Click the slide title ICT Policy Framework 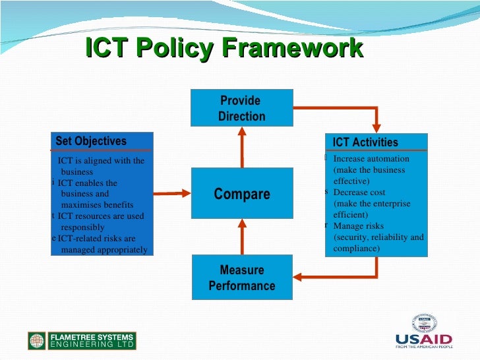(224, 49)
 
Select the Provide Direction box (242, 108)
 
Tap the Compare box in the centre (242, 194)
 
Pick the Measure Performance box (242, 278)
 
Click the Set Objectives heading (91, 141)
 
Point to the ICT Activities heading (365, 142)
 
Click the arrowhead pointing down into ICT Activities (376, 128)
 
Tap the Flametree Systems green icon (37, 340)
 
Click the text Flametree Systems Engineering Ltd (92, 340)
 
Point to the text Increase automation (371, 159)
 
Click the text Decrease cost (360, 193)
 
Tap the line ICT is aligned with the (101, 161)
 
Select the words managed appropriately (104, 250)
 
